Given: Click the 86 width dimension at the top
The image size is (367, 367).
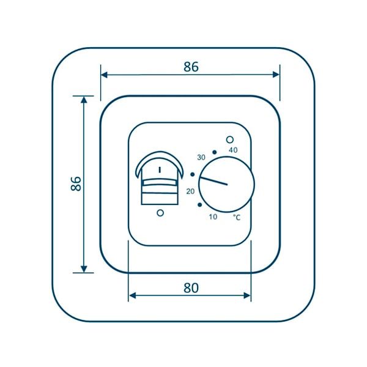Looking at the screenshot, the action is click(191, 67).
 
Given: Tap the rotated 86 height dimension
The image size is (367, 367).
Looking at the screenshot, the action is click(76, 183).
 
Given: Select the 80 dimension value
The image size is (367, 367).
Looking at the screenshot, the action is click(191, 288).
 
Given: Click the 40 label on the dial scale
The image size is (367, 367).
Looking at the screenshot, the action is click(233, 150).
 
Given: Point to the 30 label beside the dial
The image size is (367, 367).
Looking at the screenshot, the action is click(201, 158).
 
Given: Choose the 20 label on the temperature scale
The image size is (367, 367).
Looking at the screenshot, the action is click(190, 191).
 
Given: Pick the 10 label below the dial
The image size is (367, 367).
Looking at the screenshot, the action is click(213, 217).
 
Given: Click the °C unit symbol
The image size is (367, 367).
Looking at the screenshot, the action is click(237, 217).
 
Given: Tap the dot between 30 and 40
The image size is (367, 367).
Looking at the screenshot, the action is click(214, 152).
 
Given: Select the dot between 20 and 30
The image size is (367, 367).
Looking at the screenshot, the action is click(193, 174).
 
